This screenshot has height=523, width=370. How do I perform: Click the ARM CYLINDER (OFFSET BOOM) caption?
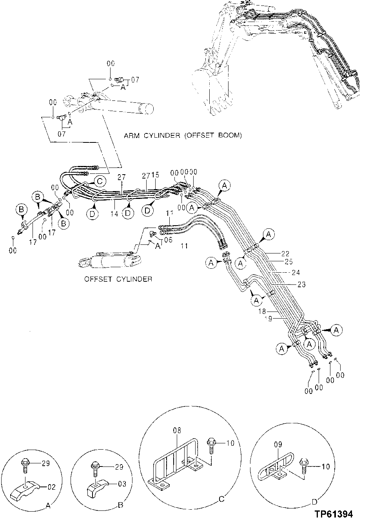(x=183, y=136)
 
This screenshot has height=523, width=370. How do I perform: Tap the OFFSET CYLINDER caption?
(x=118, y=279)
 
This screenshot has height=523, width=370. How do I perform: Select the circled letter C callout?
(x=100, y=181)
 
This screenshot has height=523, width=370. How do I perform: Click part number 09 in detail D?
(x=278, y=456)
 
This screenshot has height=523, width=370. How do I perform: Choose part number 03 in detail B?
(x=122, y=484)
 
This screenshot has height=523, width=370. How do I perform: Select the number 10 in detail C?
(x=230, y=443)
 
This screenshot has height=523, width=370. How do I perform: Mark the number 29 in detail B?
(x=119, y=467)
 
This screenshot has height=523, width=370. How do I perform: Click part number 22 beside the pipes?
(x=285, y=253)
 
